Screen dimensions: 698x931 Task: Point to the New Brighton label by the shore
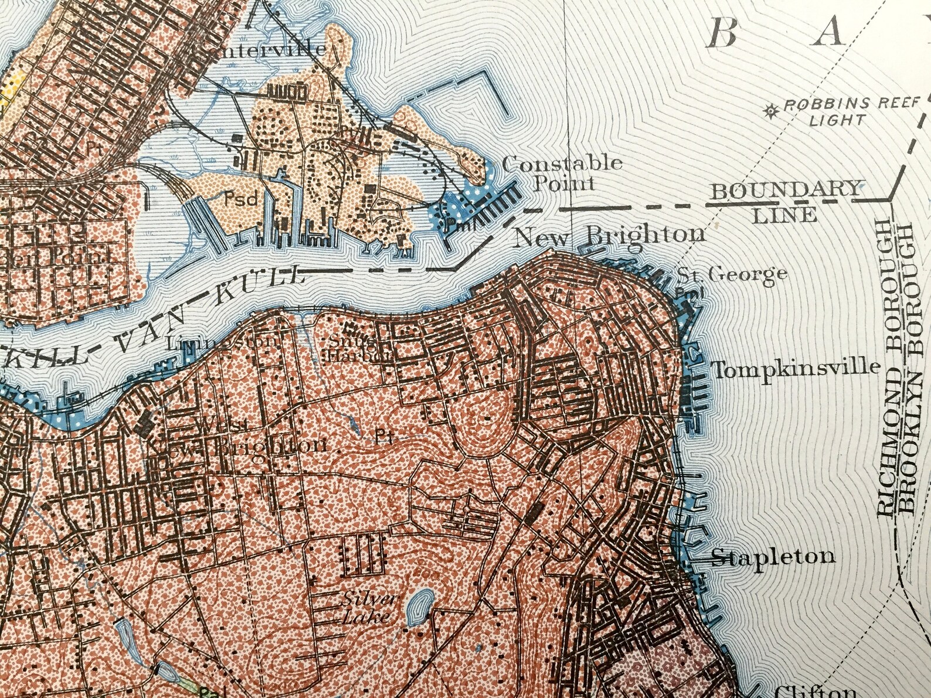click(x=609, y=236)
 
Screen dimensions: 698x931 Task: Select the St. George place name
click(x=732, y=274)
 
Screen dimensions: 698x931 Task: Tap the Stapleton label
click(x=773, y=556)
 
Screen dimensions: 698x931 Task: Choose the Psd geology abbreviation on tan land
click(x=241, y=199)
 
